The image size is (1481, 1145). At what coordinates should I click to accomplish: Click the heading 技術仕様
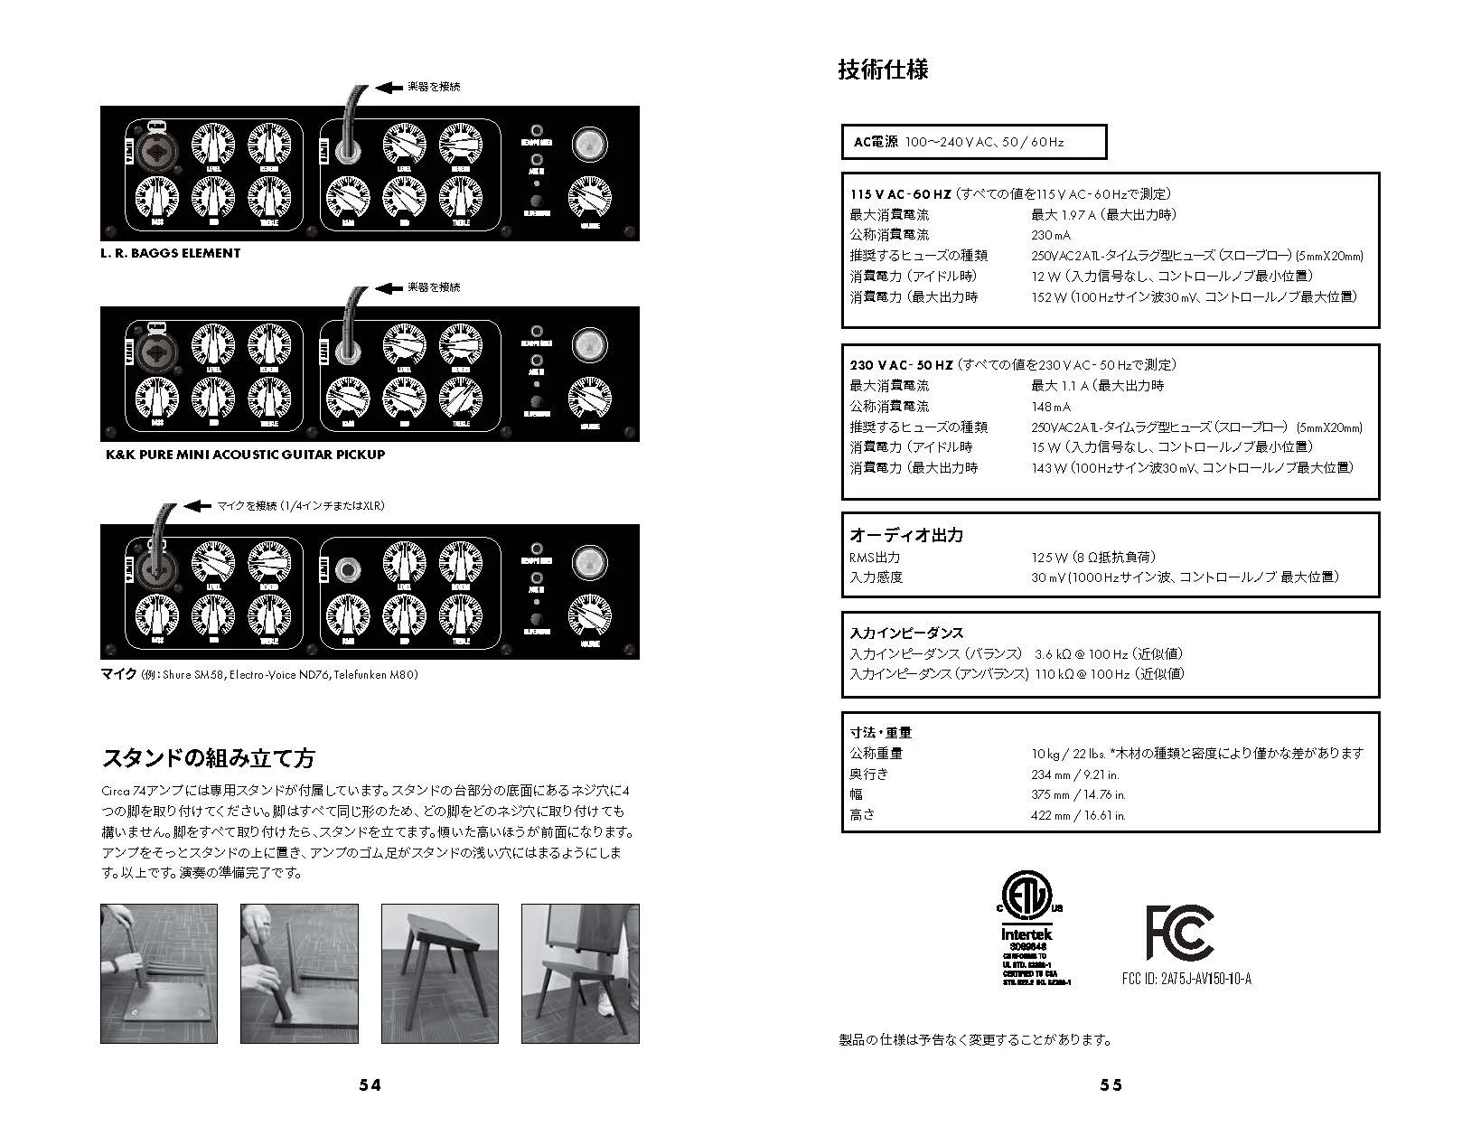click(883, 70)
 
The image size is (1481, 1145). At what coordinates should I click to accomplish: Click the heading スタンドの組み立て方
click(208, 757)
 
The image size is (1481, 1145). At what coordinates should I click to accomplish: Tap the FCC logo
click(1179, 932)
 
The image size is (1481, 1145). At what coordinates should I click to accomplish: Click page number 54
click(370, 1085)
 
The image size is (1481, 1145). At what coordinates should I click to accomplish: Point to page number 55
click(1111, 1085)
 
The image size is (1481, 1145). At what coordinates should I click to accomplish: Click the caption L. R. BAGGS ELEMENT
click(171, 254)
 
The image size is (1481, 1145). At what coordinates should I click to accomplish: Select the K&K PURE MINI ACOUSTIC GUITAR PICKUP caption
click(246, 455)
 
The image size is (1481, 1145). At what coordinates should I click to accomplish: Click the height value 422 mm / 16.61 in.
click(1078, 815)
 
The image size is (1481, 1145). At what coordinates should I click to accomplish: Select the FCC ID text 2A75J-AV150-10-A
click(1206, 979)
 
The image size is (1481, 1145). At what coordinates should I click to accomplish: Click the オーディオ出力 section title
click(906, 535)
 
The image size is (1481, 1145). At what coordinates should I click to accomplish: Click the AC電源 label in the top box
click(876, 142)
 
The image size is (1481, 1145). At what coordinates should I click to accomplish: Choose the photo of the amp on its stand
click(580, 973)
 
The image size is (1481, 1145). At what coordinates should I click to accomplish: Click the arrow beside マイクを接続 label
click(198, 506)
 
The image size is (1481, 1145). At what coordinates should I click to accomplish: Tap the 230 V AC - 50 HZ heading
click(901, 365)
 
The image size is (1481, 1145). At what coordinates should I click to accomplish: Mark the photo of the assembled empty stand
click(440, 973)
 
